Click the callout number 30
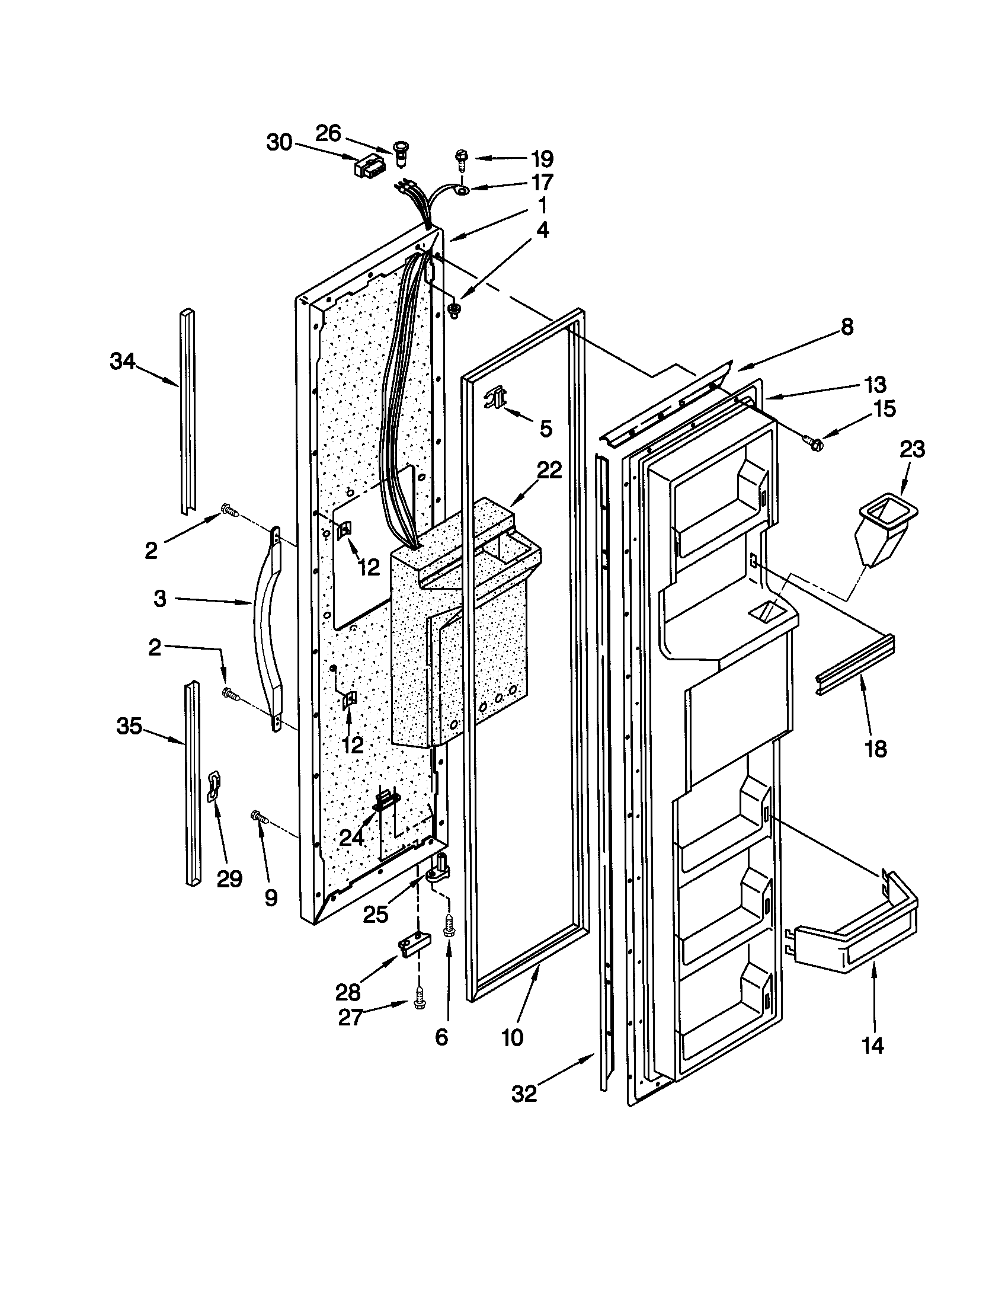pos(279,143)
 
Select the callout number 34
pos(122,361)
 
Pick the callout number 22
pos(549,471)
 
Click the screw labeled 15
pos(812,442)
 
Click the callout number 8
pos(847,327)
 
